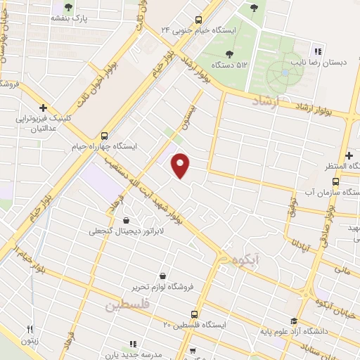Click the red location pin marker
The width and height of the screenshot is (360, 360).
point(181,166)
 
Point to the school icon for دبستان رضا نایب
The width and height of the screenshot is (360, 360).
point(318,51)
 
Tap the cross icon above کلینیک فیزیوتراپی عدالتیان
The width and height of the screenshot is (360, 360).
point(44,108)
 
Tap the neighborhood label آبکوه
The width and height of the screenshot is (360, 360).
point(243,261)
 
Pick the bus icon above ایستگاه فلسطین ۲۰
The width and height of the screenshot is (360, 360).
point(196,314)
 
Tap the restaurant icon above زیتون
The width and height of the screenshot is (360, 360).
point(30,329)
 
